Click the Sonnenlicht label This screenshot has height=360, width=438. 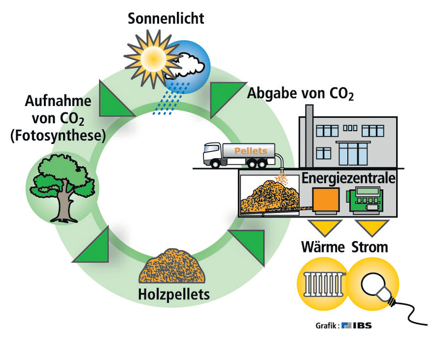pos(166,19)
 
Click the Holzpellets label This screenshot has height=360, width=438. pos(173,295)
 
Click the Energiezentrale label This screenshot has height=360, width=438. pos(348,178)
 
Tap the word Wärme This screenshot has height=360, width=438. pos(323,247)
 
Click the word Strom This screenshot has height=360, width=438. pos(370,247)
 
